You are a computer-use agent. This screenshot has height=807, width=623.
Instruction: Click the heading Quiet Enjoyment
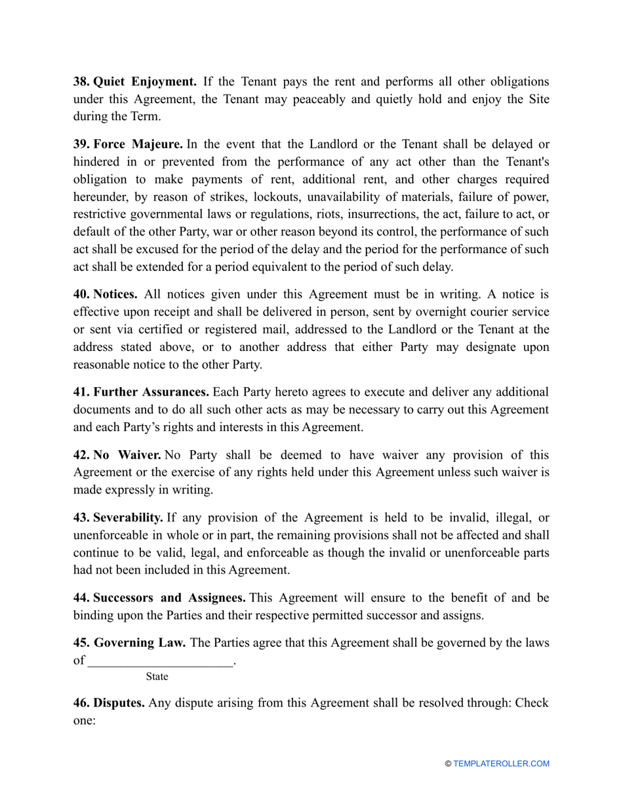[145, 82]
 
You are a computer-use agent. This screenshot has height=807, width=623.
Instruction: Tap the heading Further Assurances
[151, 392]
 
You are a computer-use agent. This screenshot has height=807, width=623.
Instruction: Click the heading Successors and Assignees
[169, 598]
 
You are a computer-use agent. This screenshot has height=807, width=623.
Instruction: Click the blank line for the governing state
[161, 661]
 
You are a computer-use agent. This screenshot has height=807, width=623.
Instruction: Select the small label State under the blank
[157, 676]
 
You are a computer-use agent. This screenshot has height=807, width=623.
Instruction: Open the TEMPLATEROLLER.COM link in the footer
[501, 764]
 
